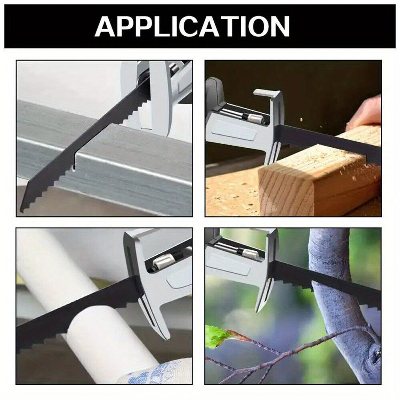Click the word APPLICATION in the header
(192, 26)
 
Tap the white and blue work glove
(156, 371)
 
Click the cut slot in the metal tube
(74, 161)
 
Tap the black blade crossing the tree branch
(326, 281)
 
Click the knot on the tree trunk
(376, 353)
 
